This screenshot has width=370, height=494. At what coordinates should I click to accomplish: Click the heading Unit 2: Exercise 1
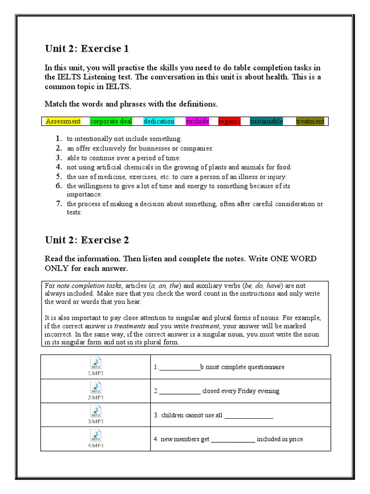tap(87, 48)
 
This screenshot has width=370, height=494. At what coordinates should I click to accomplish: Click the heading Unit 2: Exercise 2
tap(87, 240)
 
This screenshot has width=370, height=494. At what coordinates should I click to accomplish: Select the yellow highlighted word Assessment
tap(63, 122)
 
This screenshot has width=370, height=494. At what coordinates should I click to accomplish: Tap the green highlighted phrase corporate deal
tap(109, 122)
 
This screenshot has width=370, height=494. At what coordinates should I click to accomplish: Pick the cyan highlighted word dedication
tap(159, 122)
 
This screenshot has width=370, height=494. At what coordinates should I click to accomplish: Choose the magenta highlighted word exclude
tap(198, 122)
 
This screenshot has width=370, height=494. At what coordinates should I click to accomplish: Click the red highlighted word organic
tap(229, 122)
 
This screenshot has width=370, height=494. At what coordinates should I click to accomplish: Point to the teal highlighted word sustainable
tap(266, 122)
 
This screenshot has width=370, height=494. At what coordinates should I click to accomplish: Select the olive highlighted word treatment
tap(310, 122)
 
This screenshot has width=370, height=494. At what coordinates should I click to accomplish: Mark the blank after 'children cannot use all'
tap(249, 415)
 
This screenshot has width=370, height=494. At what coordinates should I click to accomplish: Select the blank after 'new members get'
tap(233, 439)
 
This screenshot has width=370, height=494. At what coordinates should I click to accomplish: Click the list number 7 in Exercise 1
tap(58, 204)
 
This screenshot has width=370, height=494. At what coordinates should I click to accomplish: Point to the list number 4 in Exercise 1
tap(58, 167)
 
